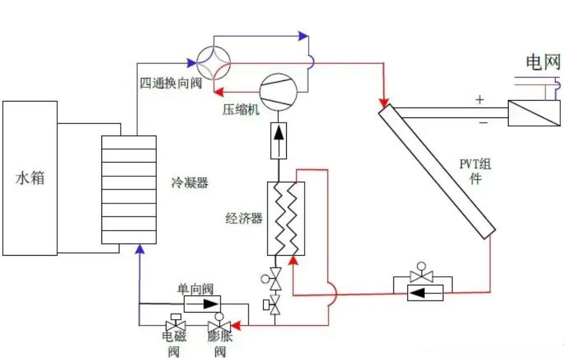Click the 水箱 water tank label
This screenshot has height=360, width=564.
tap(30, 179)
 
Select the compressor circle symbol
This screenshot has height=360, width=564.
tap(278, 91)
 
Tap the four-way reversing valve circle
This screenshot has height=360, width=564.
tap(214, 63)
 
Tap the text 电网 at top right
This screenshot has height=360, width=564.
tap(543, 62)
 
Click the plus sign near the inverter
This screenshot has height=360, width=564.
tap(480, 100)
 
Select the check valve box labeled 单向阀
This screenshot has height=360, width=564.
tap(202, 304)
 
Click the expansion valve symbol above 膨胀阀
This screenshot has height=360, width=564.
tap(219, 325)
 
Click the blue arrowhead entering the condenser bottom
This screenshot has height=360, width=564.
tap(140, 249)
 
